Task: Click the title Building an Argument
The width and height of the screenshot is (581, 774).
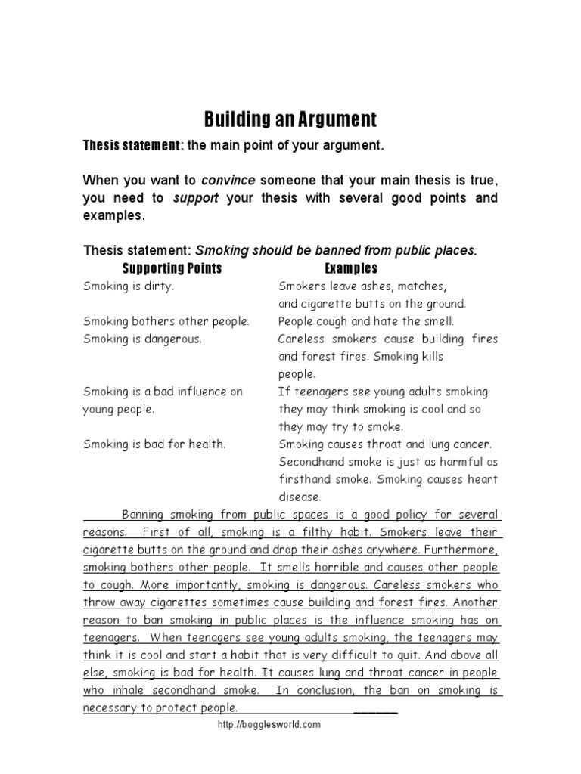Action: tap(290, 119)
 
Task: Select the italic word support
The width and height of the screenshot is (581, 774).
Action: tap(196, 198)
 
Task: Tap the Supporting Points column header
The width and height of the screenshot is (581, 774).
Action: tap(172, 268)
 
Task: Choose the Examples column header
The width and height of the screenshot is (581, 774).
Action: tap(350, 268)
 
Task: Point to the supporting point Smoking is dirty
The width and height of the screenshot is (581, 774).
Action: tap(129, 286)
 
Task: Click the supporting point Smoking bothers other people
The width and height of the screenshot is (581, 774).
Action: tap(166, 321)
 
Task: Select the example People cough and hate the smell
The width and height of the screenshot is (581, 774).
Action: tap(366, 321)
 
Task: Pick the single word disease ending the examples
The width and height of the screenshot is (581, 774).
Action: tap(300, 497)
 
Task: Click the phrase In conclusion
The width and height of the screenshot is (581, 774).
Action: tap(316, 690)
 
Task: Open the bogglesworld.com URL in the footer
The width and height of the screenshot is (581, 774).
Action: tap(269, 724)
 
